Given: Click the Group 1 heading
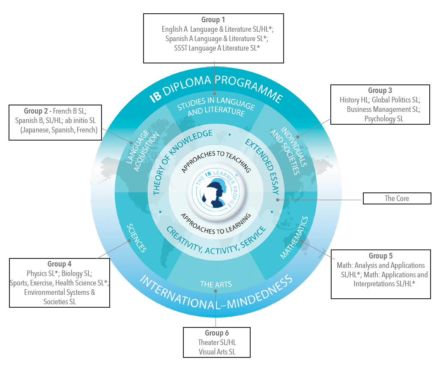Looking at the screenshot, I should (213, 20).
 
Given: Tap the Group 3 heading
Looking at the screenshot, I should (380, 90).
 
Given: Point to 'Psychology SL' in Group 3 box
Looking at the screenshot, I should (383, 118).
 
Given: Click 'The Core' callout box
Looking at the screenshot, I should (397, 198).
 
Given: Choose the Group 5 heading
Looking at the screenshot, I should (380, 256).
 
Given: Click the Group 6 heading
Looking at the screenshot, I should (217, 333).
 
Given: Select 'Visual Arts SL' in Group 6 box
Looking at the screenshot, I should (217, 351).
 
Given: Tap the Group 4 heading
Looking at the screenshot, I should (60, 264).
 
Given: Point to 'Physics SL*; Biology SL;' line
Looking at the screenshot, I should (59, 273).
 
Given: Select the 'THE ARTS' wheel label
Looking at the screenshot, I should (216, 284).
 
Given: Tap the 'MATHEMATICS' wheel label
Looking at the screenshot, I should (294, 238).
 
